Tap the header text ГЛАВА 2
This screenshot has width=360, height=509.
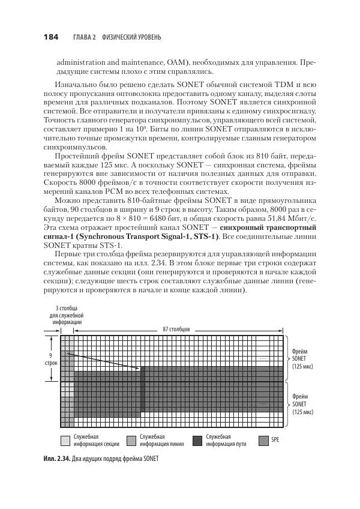(x=85, y=38)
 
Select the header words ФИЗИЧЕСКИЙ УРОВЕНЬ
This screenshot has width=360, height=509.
(x=131, y=38)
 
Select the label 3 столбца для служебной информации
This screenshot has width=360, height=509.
(x=66, y=315)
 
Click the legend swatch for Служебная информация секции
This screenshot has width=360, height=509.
(x=65, y=440)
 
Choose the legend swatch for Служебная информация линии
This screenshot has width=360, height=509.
(x=131, y=440)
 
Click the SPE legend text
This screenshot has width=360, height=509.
(x=275, y=440)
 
